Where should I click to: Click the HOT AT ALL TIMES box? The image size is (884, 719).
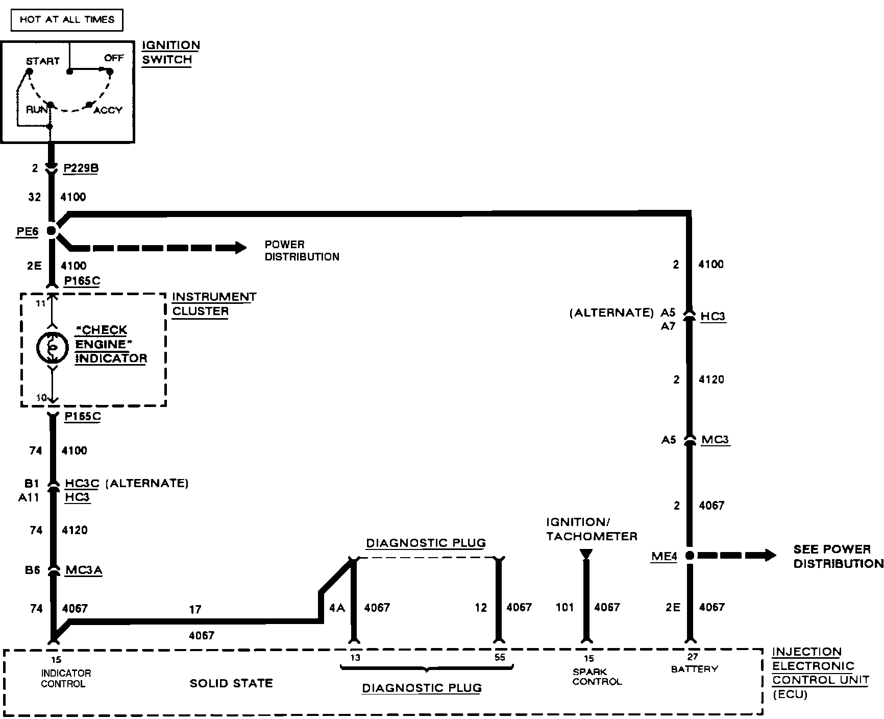click(67, 20)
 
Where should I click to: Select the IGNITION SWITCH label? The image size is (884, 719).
click(170, 53)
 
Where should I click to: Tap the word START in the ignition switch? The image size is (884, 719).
click(43, 61)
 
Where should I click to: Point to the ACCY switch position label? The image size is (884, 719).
click(108, 110)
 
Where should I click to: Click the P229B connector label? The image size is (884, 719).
click(81, 168)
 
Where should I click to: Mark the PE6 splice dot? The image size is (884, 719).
click(51, 231)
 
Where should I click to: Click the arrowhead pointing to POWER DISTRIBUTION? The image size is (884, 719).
click(240, 248)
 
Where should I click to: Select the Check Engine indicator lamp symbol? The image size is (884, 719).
click(52, 347)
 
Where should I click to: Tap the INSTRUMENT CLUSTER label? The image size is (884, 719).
click(214, 304)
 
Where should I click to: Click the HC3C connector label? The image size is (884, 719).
click(82, 483)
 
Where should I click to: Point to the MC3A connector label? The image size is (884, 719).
click(84, 570)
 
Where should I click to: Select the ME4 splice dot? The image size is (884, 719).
click(690, 556)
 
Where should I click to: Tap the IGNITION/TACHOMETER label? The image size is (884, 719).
click(592, 529)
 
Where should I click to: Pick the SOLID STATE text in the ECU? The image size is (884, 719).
click(231, 683)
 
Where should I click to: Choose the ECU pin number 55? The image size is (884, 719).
click(500, 657)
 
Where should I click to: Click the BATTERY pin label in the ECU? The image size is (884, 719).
click(694, 669)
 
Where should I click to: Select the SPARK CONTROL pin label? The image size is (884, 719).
click(597, 677)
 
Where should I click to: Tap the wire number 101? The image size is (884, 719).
click(565, 607)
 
